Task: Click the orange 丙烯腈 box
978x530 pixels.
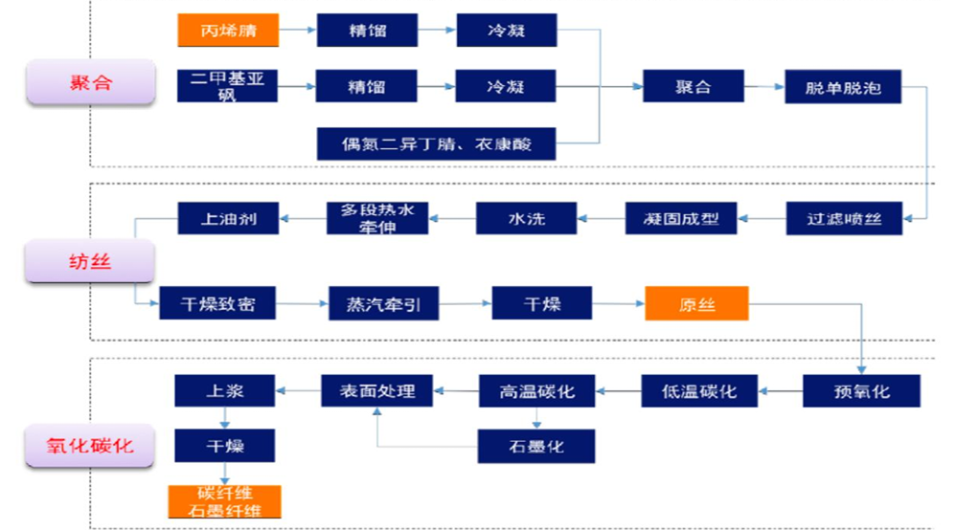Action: [x=228, y=31]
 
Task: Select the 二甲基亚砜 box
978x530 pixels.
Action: [x=228, y=86]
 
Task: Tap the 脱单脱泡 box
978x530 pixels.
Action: [x=843, y=87]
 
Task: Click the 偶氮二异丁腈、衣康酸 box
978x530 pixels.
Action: [x=436, y=144]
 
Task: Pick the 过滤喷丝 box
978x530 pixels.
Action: [x=843, y=218]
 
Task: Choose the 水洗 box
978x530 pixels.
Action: [x=525, y=218]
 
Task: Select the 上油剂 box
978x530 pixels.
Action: [x=229, y=218]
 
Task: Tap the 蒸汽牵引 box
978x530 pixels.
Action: [x=376, y=305]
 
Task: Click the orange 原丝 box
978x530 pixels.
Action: [x=696, y=305]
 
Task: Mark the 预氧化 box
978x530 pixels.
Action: [x=860, y=391]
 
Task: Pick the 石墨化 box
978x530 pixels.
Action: [x=536, y=446]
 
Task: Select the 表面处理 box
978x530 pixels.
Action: [x=375, y=391]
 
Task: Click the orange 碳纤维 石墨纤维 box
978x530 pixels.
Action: [x=224, y=501]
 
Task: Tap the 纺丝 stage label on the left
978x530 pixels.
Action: [x=90, y=261]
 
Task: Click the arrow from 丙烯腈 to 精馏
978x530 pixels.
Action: [x=298, y=31]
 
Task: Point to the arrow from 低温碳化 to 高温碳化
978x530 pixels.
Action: [x=617, y=391]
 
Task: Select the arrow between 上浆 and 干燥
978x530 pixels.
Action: [x=224, y=418]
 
